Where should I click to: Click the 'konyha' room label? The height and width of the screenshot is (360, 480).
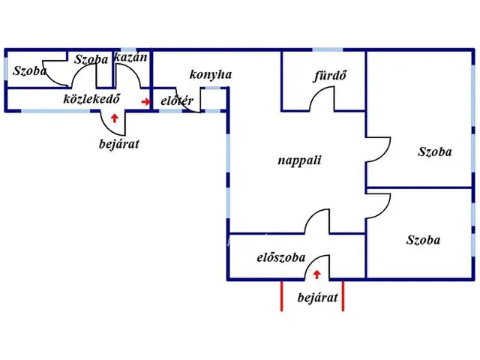211,75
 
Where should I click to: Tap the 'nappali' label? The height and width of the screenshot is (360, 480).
299,160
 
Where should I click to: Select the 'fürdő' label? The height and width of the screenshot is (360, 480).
329,76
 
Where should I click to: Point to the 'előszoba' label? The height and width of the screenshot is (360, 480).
281,257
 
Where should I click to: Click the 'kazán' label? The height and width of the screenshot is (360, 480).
130,57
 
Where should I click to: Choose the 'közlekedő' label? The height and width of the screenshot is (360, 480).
91,98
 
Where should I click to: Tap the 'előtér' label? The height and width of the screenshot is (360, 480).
177,100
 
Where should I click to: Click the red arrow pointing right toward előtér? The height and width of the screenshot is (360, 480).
145,102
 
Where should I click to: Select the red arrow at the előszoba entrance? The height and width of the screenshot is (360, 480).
316,274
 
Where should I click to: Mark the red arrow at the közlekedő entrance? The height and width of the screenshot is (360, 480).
115,118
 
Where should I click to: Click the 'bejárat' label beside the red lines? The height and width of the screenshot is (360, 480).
318,298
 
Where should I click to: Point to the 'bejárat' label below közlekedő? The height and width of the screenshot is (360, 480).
119,144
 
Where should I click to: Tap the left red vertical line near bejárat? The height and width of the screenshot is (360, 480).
282,295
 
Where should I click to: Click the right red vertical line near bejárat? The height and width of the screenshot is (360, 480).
343,295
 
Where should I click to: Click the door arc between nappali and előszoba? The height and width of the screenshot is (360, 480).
313,215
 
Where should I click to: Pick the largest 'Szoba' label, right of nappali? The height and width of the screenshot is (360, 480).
435,151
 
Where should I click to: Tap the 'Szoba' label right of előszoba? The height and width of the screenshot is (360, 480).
423,240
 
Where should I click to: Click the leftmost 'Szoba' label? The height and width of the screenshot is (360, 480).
29,71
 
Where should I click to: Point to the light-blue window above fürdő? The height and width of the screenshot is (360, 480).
328,49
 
